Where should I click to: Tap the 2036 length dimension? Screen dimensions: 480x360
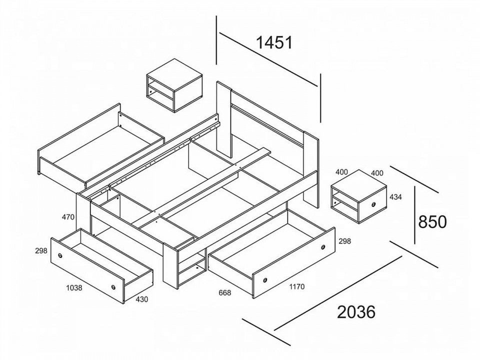[x=356, y=312]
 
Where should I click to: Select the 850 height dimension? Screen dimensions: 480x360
[x=432, y=221]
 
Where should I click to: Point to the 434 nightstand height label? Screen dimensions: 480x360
[x=395, y=197]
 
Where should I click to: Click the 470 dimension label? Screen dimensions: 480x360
[x=68, y=217]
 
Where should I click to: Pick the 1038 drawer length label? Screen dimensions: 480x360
[x=74, y=288]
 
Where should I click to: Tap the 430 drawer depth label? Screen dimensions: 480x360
[x=141, y=299]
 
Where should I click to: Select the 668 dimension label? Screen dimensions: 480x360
[x=224, y=293]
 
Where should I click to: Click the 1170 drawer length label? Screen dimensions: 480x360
[x=296, y=287]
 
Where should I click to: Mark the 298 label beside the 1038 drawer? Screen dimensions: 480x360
[x=41, y=250]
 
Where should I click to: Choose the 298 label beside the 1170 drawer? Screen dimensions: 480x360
[x=344, y=241]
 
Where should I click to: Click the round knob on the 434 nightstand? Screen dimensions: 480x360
[x=374, y=204]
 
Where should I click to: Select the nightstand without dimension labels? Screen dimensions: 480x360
[x=174, y=85]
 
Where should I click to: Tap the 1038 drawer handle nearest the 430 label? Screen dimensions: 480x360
[x=113, y=287]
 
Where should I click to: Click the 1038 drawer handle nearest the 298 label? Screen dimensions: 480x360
[x=60, y=255]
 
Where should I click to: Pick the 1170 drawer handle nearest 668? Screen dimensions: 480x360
[x=265, y=280]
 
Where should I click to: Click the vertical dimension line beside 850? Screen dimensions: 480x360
[x=415, y=215]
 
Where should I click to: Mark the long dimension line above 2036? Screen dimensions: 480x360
[x=338, y=293]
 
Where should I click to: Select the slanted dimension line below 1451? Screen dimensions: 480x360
[x=268, y=59]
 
